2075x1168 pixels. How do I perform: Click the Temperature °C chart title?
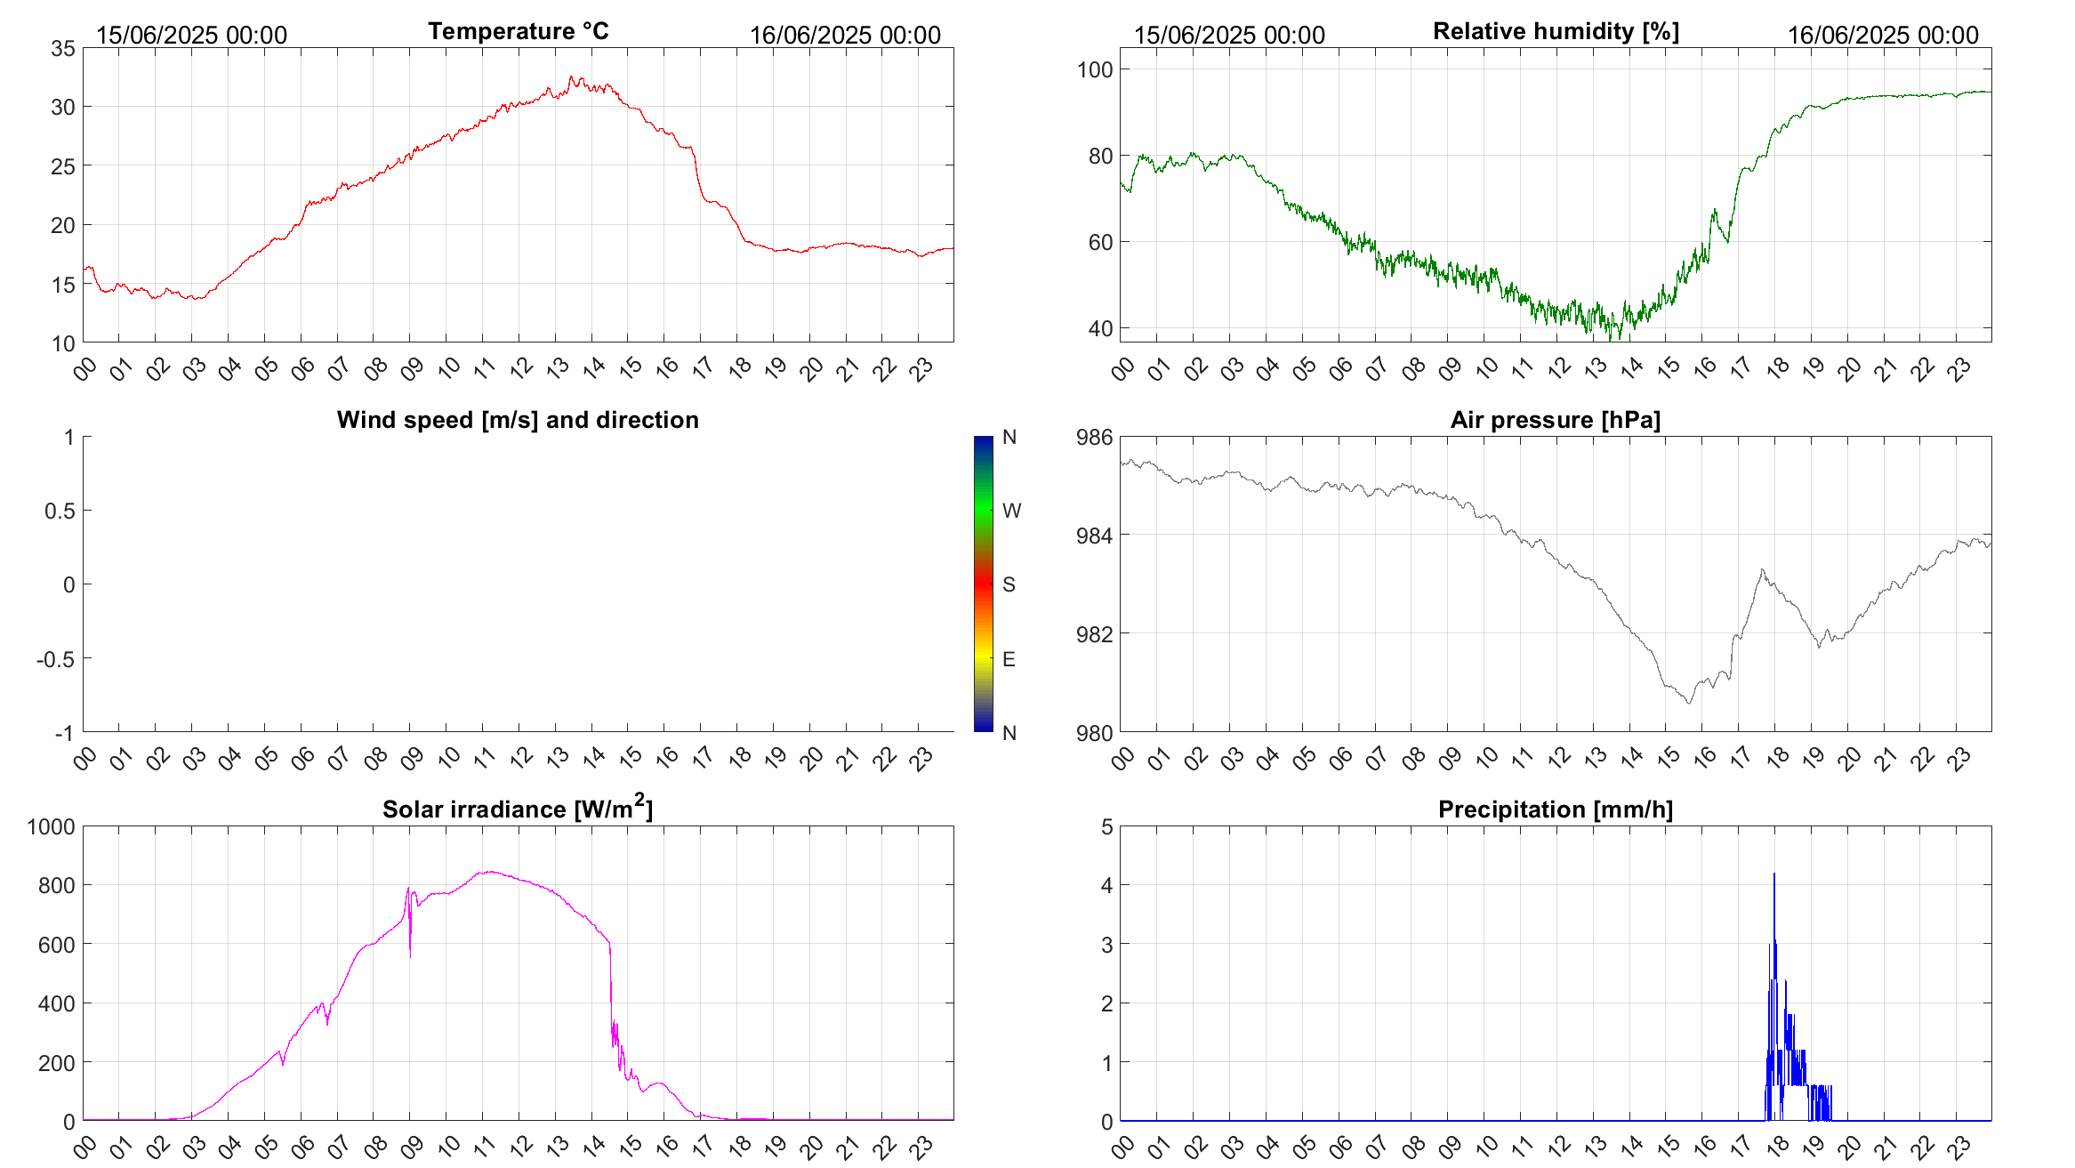tap(518, 31)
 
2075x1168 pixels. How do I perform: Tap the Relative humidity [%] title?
tap(1556, 31)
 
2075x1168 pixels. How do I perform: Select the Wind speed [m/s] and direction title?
tap(518, 420)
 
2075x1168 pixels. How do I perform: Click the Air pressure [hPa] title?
tap(1556, 420)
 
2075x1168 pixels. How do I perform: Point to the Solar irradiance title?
tap(518, 810)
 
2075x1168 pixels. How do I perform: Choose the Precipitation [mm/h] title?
tap(1556, 810)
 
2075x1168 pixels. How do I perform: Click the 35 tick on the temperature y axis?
tap(63, 48)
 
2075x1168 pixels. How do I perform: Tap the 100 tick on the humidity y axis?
tap(1095, 69)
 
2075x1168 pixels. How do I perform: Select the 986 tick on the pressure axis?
tap(1095, 437)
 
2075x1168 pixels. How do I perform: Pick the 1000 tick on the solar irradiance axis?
tap(52, 826)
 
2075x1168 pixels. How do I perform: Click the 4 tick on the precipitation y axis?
tap(1107, 885)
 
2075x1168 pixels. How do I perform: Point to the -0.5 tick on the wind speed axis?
tap(55, 659)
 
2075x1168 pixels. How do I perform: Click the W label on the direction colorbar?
tap(1011, 511)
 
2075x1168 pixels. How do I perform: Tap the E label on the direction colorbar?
tap(1009, 659)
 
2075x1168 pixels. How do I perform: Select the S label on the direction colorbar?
tap(1009, 584)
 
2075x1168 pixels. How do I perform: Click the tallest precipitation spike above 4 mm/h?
tap(1774, 875)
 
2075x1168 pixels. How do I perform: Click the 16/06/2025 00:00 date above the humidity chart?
tap(1883, 35)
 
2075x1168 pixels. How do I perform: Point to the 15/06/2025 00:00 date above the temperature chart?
tap(191, 35)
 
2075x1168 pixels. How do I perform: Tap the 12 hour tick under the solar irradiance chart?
tap(521, 1145)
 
